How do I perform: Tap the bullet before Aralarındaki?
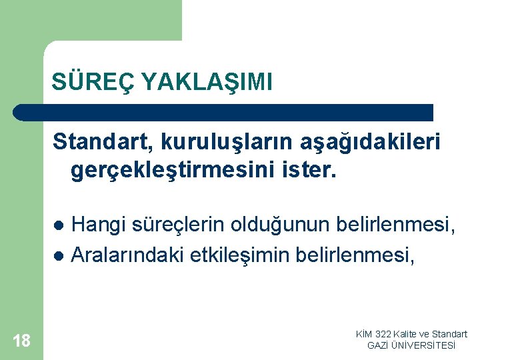coord(59,255)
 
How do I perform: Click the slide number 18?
coord(21,341)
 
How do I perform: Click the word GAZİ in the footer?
coord(379,345)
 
